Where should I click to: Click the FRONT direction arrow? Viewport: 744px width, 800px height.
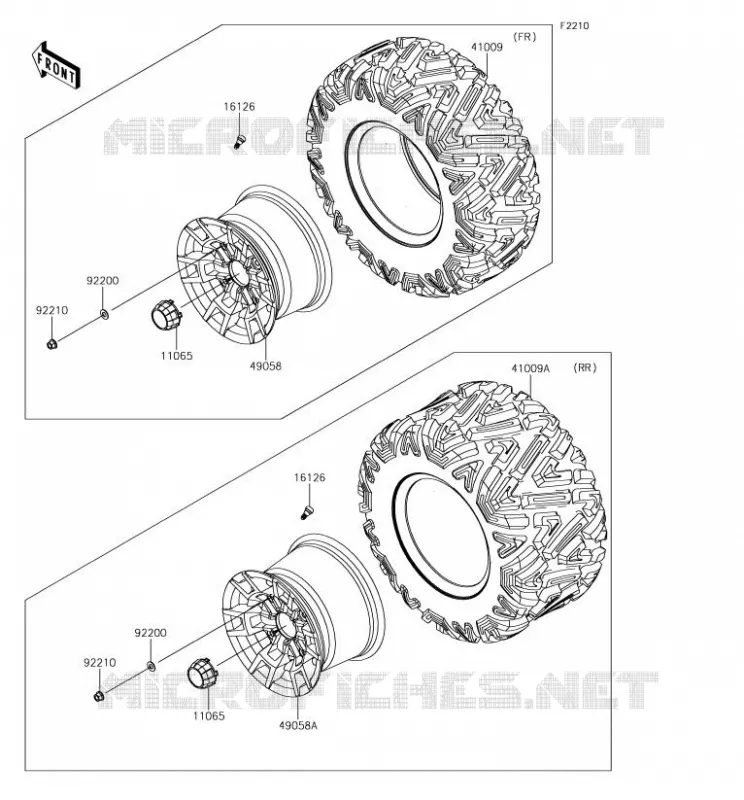click(56, 66)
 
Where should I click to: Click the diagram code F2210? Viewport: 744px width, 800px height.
click(574, 26)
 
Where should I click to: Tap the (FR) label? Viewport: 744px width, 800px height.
click(524, 37)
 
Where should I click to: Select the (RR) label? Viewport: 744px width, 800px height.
click(584, 368)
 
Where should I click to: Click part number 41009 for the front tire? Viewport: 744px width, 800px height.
click(486, 47)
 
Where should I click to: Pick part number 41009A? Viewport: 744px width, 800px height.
click(531, 368)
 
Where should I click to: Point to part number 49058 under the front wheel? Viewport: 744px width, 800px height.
click(265, 366)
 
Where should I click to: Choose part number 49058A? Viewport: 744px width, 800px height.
click(298, 725)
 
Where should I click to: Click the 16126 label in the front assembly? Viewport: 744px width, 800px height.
click(239, 107)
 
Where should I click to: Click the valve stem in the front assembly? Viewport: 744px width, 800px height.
click(238, 140)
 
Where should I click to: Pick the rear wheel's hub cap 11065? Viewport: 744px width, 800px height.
click(202, 673)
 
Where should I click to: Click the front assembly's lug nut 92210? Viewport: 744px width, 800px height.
click(52, 344)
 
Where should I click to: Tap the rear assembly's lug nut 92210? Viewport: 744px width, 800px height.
click(99, 696)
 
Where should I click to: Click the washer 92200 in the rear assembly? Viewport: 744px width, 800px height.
click(152, 665)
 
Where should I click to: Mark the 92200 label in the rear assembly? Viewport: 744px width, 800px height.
click(151, 633)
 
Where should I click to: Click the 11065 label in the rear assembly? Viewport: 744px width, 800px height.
click(208, 716)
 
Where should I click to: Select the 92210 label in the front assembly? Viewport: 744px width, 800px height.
click(52, 310)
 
